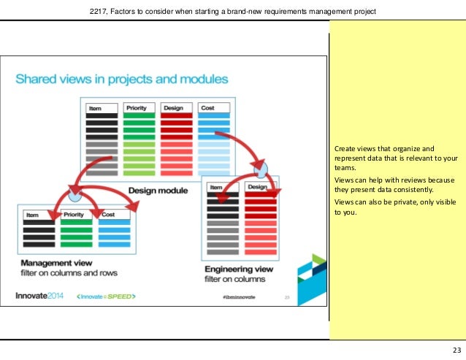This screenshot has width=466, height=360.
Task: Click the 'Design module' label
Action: [x=158, y=191]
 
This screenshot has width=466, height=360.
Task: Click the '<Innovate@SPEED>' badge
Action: [x=107, y=296]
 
